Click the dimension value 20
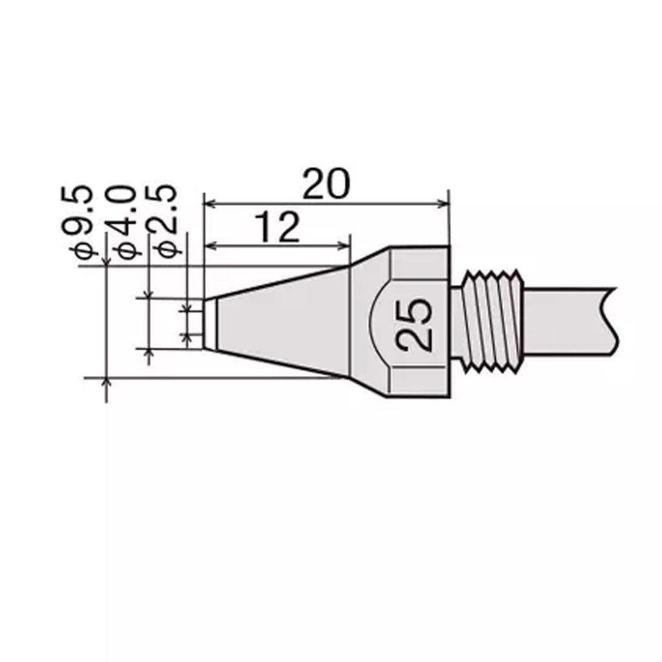326,184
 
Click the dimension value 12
277,228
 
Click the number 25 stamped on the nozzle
414,326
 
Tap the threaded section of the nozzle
492,322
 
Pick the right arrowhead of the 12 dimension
344,245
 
